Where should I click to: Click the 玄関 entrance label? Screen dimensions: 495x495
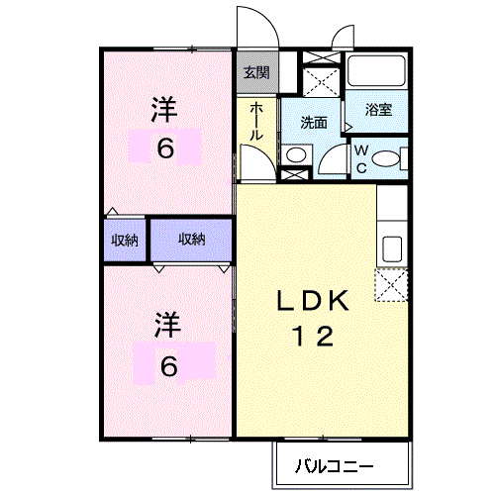[256, 72]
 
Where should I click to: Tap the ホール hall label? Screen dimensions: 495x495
[256, 120]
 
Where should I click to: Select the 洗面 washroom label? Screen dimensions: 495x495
[314, 123]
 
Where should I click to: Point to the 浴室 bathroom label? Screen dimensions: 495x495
[377, 110]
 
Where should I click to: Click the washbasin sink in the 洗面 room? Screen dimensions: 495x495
[294, 154]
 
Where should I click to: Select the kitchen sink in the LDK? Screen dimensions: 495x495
[391, 248]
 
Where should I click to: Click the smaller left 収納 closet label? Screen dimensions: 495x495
[124, 240]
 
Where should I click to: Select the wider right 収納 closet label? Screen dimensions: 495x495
[192, 239]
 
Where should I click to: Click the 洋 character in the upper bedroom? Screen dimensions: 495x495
[164, 109]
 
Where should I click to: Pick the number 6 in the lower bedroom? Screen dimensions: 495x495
[169, 366]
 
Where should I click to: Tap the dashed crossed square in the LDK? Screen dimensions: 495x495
[391, 288]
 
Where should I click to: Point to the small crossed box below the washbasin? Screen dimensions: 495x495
[294, 176]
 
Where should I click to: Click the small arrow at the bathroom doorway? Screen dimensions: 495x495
[347, 127]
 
